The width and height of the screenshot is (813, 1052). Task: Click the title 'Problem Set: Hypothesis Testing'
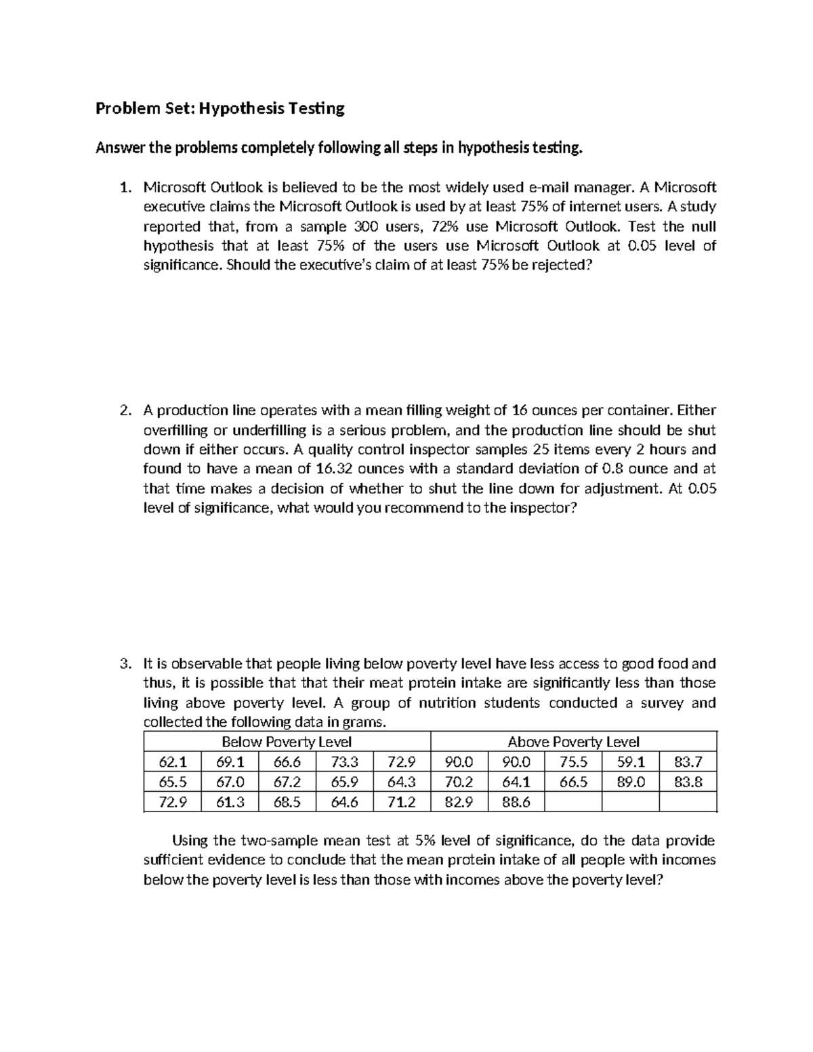220,108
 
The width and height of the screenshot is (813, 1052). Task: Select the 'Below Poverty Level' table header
287,742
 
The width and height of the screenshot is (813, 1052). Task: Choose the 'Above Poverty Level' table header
573,742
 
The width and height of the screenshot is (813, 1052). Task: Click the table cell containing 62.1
172,762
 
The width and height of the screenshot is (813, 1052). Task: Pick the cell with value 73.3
344,762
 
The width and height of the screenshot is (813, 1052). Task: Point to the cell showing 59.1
631,762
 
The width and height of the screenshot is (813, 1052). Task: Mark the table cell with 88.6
516,802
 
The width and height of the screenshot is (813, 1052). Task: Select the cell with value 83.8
688,782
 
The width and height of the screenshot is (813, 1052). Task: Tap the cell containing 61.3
230,802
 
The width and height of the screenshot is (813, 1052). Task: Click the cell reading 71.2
401,802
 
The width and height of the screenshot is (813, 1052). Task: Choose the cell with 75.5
573,762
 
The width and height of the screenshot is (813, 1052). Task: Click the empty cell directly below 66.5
573,802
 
